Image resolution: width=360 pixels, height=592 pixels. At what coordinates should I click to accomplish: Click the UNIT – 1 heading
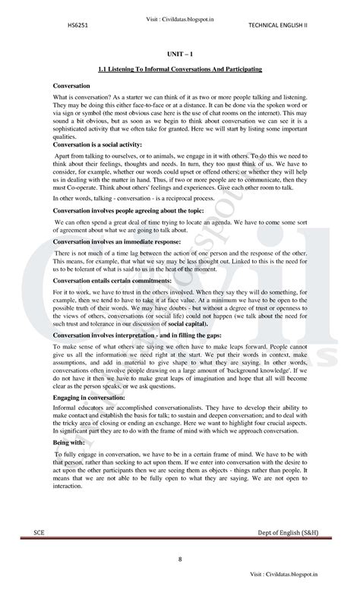point(179,55)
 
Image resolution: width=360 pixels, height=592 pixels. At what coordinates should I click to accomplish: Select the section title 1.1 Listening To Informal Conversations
point(180,70)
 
